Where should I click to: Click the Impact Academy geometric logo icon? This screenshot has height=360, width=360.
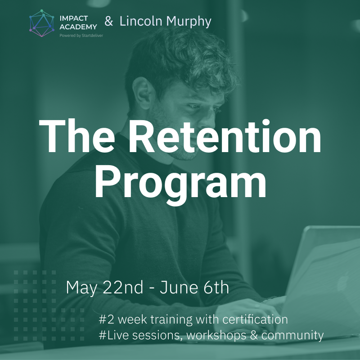(42, 23)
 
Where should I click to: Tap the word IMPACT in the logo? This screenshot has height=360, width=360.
(74, 18)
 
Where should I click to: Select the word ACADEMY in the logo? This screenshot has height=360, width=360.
(78, 27)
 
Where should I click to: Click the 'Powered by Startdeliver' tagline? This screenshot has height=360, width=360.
(81, 36)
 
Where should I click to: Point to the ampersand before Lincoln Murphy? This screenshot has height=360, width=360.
(109, 21)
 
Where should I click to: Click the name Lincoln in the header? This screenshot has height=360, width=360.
(141, 21)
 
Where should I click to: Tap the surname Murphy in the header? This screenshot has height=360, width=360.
(189, 22)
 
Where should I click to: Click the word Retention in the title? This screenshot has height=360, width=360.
(225, 136)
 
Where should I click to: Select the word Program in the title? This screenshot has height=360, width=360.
(181, 184)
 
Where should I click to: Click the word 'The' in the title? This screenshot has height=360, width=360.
(77, 136)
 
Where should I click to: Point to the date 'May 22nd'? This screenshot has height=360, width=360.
(104, 288)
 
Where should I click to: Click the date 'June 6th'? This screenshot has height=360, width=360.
(194, 287)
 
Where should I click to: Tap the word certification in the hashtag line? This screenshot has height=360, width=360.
(255, 319)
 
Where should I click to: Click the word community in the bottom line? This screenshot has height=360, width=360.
(292, 335)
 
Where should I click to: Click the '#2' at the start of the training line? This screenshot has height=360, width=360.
(106, 319)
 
